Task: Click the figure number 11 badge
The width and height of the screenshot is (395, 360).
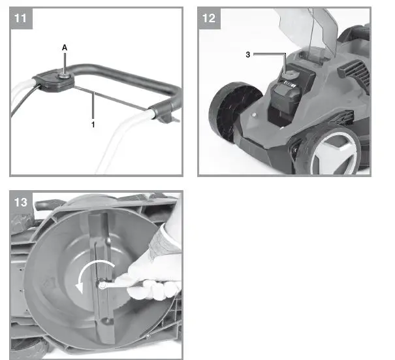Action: (20, 18)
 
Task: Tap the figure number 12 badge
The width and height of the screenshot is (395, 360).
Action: (208, 18)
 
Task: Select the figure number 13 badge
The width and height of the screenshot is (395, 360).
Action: (20, 202)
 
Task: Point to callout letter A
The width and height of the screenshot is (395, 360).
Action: (64, 48)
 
